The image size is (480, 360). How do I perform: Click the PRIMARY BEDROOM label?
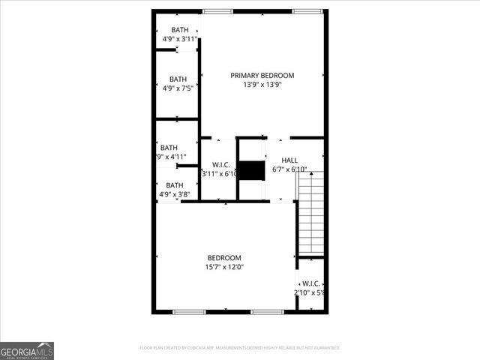[x=262, y=75]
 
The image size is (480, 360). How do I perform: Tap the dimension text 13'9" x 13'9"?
[x=262, y=85]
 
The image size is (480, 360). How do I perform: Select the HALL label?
[x=289, y=160]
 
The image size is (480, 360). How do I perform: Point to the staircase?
[x=310, y=213]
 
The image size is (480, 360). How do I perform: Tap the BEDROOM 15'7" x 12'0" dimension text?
[x=224, y=267]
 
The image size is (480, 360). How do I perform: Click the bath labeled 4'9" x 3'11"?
[x=179, y=34]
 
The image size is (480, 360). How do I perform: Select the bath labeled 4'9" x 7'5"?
[x=178, y=83]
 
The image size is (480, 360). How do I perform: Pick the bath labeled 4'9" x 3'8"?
[x=175, y=190]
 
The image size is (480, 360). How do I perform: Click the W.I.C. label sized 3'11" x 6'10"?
[x=220, y=169]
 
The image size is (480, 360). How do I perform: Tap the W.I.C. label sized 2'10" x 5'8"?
[x=310, y=288]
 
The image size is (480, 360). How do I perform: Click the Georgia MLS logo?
[x=27, y=350]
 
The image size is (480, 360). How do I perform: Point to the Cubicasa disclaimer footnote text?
[x=240, y=348]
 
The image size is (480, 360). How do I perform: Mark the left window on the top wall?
[x=217, y=11]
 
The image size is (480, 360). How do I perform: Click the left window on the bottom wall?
[x=189, y=311]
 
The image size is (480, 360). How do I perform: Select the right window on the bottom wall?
[x=267, y=311]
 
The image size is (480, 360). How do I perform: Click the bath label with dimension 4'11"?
[x=169, y=152]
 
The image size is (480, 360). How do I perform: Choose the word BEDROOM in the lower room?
[x=224, y=257]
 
